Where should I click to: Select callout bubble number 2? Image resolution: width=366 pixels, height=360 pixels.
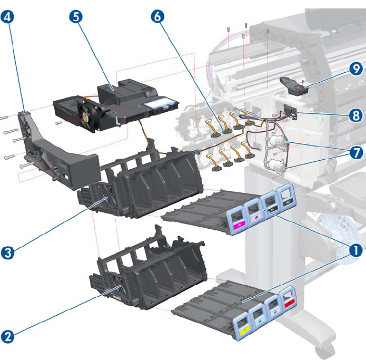click(7, 336)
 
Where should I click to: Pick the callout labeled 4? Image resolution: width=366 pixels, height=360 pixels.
click(7, 17)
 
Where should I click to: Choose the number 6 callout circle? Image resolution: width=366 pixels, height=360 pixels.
click(156, 17)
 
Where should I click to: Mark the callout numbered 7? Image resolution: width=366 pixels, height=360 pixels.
click(357, 152)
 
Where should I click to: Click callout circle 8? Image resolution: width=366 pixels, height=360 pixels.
click(357, 113)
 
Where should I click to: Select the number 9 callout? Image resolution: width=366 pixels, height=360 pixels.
click(357, 69)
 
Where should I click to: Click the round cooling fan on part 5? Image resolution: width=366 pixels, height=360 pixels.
click(86, 113)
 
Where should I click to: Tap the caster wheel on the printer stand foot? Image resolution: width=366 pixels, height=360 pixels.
click(322, 351)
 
